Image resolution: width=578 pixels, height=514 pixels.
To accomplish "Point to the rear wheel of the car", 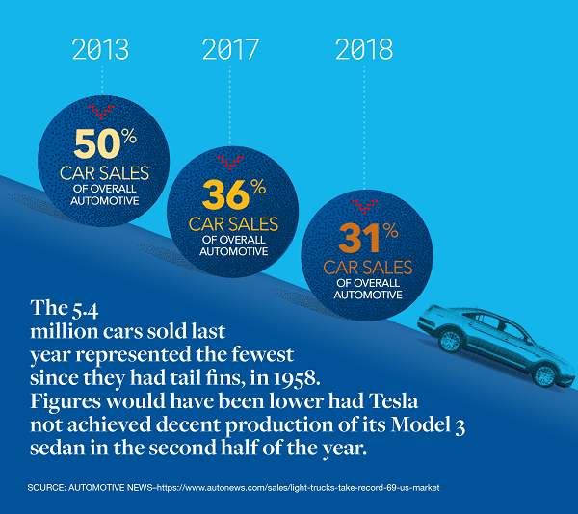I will [451, 341].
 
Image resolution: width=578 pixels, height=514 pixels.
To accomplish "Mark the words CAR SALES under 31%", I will [367, 268].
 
